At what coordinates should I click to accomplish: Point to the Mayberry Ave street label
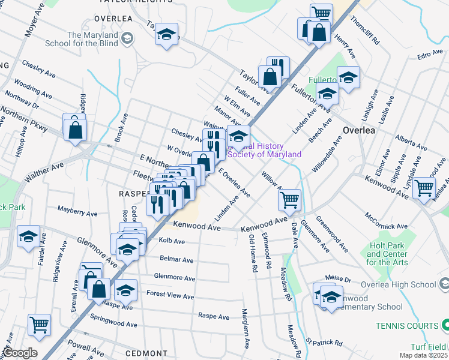(x=77, y=213)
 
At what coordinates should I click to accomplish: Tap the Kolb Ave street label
(x=172, y=241)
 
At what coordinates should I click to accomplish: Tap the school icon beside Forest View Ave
(x=125, y=290)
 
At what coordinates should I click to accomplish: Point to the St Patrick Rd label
(x=324, y=343)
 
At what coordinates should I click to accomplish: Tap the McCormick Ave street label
(x=387, y=220)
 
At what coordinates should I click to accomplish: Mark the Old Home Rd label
(x=253, y=254)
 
